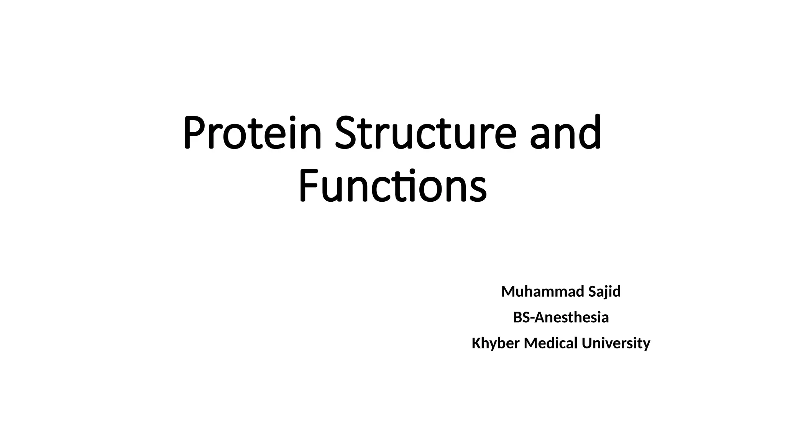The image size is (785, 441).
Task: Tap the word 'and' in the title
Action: click(565, 132)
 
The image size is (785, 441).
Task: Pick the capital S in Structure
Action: click(347, 132)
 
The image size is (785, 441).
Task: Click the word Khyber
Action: click(495, 343)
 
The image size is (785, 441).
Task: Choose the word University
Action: click(616, 343)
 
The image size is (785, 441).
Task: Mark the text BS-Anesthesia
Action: click(561, 318)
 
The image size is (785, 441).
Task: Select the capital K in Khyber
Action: click(476, 343)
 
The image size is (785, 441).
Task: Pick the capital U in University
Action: click(586, 343)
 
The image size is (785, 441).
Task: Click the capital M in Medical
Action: click(531, 343)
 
